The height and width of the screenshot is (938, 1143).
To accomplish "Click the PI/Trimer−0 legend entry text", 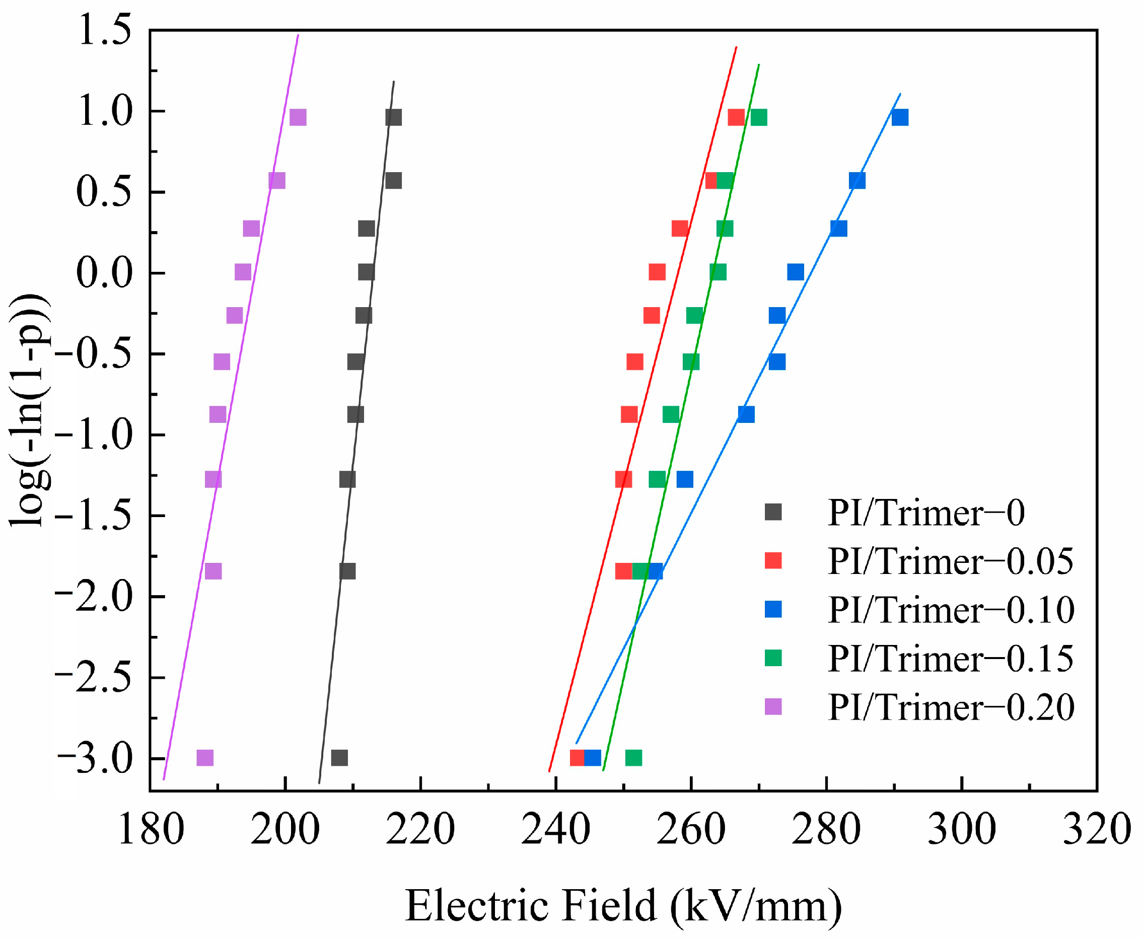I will (x=926, y=513).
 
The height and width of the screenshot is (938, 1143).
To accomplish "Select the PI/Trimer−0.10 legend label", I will (x=951, y=610).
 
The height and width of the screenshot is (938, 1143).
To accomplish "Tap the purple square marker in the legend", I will (x=773, y=706).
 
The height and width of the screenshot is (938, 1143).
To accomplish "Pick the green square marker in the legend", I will (x=773, y=658).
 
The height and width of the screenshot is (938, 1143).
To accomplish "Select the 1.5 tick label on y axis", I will (x=104, y=30).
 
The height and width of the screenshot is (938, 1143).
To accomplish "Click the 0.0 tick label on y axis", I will (x=104, y=273).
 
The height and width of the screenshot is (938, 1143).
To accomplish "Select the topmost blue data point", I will (x=900, y=117).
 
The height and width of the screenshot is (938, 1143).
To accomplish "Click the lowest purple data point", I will (x=205, y=758).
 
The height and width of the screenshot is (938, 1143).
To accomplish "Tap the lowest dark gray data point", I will (x=339, y=758).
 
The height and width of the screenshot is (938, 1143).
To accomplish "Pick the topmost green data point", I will (x=759, y=117).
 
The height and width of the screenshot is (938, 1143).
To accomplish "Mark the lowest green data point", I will (x=633, y=758).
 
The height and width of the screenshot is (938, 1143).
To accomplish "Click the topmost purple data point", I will (x=298, y=117).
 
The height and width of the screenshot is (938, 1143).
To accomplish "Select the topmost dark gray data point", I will (x=393, y=117).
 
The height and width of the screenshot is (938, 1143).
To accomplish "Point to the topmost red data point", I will (x=736, y=117).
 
